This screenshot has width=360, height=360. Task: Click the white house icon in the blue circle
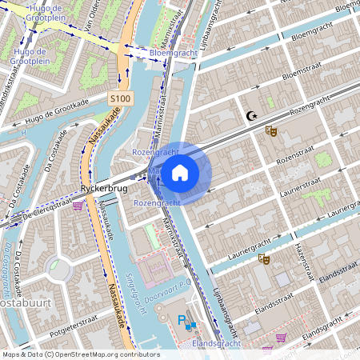tap(180, 172)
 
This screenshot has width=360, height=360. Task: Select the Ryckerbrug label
tap(100, 190)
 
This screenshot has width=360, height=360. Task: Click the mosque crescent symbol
tap(252, 117)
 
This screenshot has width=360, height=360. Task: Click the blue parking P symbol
tap(182, 322)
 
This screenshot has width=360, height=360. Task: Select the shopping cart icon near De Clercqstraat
tap(78, 206)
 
